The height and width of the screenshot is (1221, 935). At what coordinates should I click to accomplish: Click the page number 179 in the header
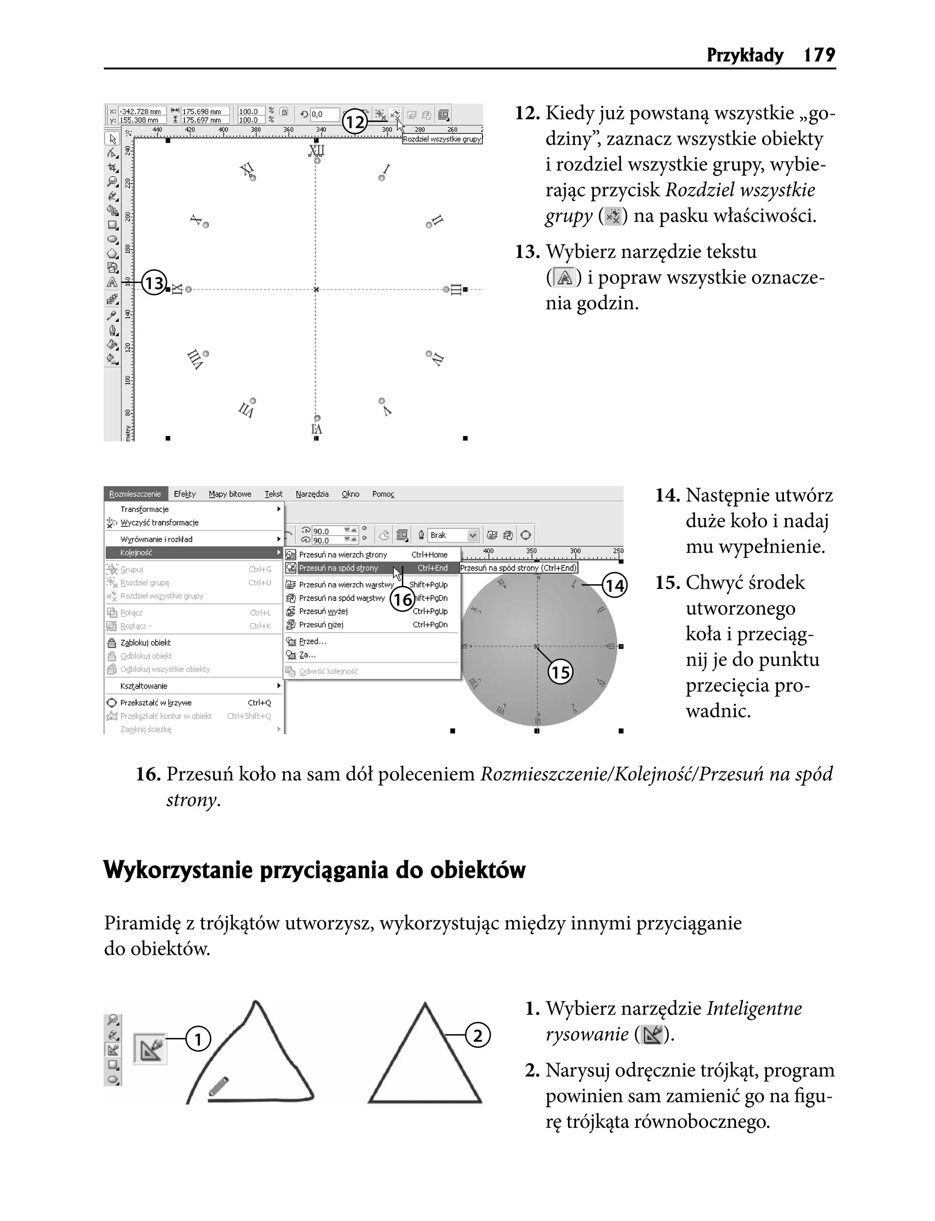pyautogui.click(x=819, y=55)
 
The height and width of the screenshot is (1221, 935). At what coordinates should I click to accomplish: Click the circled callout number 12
pyautogui.click(x=354, y=122)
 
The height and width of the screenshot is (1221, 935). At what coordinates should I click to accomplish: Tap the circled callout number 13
pyautogui.click(x=154, y=283)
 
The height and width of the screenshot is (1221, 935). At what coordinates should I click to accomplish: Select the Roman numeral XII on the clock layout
pyautogui.click(x=316, y=151)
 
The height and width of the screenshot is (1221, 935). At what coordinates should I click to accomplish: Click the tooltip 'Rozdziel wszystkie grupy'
pyautogui.click(x=442, y=139)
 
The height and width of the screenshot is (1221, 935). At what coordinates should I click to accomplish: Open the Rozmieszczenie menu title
pyautogui.click(x=135, y=494)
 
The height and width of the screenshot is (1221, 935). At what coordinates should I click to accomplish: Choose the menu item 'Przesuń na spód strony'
pyautogui.click(x=338, y=568)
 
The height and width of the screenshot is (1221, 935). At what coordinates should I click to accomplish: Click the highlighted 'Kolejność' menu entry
pyautogui.click(x=137, y=553)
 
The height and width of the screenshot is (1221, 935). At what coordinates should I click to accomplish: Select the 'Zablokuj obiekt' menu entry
pyautogui.click(x=145, y=642)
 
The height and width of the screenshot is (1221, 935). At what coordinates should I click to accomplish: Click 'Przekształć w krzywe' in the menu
pyautogui.click(x=156, y=702)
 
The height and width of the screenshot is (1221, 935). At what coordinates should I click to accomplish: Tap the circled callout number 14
pyautogui.click(x=615, y=585)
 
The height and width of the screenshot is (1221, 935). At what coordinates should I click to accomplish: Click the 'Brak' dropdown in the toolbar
pyautogui.click(x=453, y=535)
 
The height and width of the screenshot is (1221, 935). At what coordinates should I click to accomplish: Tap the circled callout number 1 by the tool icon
pyautogui.click(x=198, y=1038)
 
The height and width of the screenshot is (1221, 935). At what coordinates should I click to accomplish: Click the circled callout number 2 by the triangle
pyautogui.click(x=478, y=1036)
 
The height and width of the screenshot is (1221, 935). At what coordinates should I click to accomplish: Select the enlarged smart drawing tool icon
pyautogui.click(x=150, y=1049)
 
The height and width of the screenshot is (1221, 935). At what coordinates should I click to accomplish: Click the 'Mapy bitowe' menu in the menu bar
pyautogui.click(x=230, y=494)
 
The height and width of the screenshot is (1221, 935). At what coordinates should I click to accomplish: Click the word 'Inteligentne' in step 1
pyautogui.click(x=754, y=1008)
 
